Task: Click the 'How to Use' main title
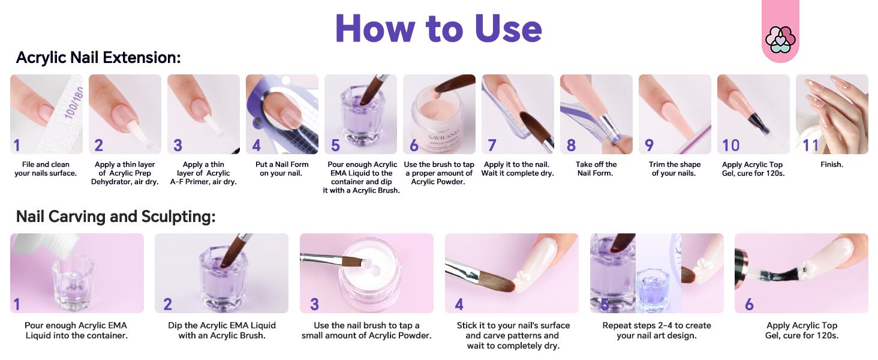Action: click(x=438, y=28)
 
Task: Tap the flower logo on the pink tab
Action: click(x=780, y=39)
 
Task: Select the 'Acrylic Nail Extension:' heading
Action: click(x=98, y=58)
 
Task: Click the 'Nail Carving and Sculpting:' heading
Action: click(x=116, y=217)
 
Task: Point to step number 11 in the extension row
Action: click(x=810, y=145)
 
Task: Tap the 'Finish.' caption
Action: click(x=831, y=164)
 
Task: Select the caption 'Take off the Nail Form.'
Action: click(x=596, y=169)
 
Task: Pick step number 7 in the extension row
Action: click(x=492, y=145)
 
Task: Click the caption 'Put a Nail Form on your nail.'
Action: click(x=281, y=169)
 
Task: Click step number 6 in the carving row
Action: click(x=749, y=304)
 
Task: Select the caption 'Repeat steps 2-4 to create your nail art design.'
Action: click(x=657, y=330)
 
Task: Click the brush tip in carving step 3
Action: click(x=363, y=263)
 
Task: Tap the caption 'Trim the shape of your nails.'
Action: click(x=674, y=169)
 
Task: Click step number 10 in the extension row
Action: click(x=730, y=145)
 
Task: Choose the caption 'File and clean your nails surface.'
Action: click(x=46, y=169)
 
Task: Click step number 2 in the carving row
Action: click(x=167, y=304)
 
